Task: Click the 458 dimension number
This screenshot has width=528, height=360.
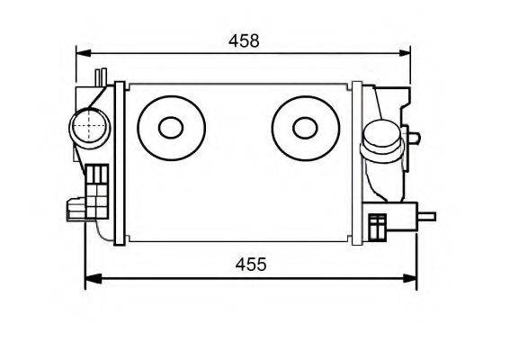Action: [244, 40]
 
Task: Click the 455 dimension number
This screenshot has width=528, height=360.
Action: [251, 265]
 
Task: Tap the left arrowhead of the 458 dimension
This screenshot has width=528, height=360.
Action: [84, 53]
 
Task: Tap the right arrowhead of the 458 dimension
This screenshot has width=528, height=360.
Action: [404, 53]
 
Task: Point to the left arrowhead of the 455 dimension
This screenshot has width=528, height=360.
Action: [93, 278]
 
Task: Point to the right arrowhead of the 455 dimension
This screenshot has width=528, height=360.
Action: [409, 278]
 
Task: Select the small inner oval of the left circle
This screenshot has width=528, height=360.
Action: [171, 128]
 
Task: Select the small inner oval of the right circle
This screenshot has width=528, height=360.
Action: [305, 128]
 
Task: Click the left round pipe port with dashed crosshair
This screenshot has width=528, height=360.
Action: [90, 128]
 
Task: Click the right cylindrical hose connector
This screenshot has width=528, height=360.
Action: [382, 141]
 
